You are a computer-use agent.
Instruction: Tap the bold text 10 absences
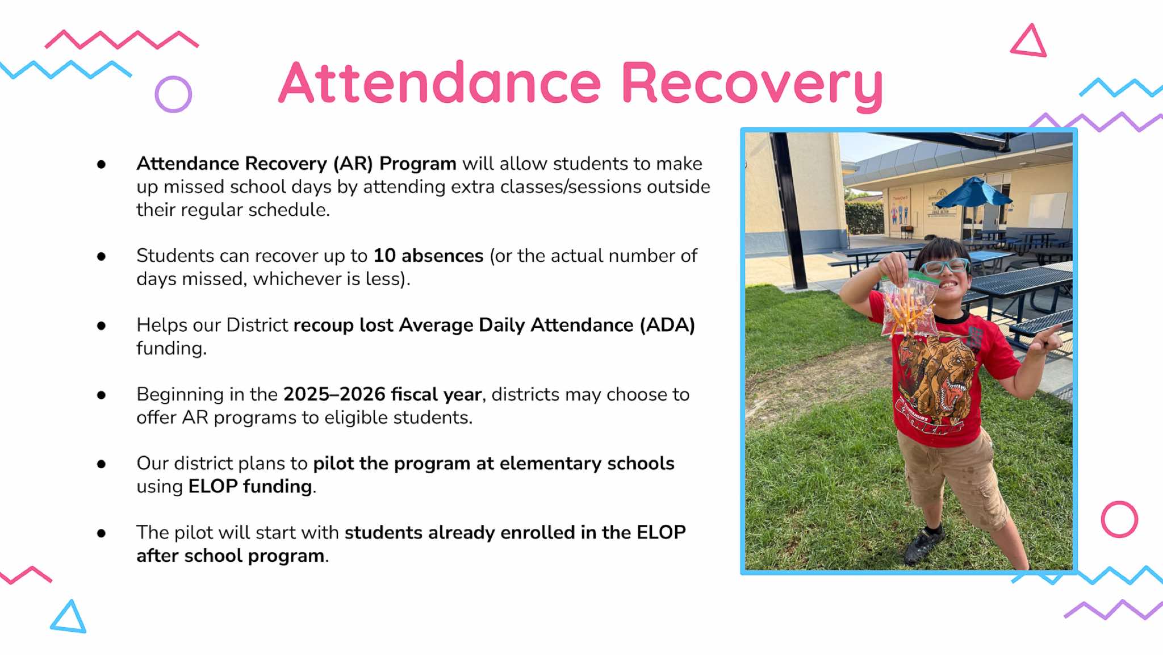tap(428, 256)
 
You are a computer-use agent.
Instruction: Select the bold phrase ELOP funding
tap(250, 487)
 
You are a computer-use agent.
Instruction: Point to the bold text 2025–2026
tap(334, 394)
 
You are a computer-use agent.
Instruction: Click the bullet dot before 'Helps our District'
tap(102, 326)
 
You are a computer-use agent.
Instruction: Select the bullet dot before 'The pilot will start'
tap(102, 533)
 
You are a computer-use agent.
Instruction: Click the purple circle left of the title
tap(173, 94)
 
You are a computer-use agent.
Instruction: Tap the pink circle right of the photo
tap(1119, 519)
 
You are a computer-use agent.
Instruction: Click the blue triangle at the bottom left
tap(69, 618)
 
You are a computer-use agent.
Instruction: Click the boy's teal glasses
tap(944, 266)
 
